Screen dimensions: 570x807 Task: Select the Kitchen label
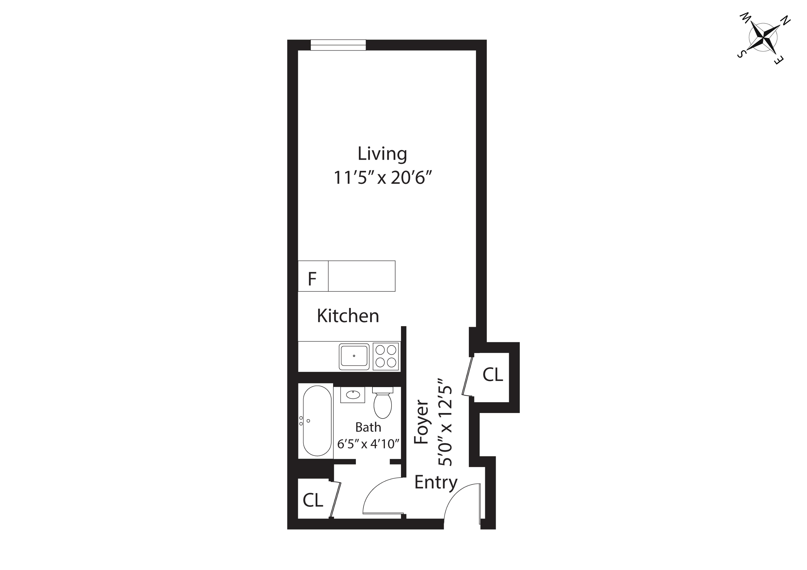[x=348, y=316]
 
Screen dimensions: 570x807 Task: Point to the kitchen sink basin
[x=354, y=356]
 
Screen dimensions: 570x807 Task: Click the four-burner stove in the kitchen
[x=386, y=356]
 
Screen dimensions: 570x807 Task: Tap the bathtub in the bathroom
[x=317, y=421]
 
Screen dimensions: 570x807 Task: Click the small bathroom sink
[x=353, y=395]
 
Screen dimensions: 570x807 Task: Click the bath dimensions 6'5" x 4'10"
[x=368, y=444]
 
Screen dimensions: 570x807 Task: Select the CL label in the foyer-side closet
[x=492, y=375]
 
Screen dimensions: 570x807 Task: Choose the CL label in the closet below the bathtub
[x=312, y=500]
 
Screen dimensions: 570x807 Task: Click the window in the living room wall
[x=338, y=45]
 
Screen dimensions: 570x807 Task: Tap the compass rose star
[x=763, y=37]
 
